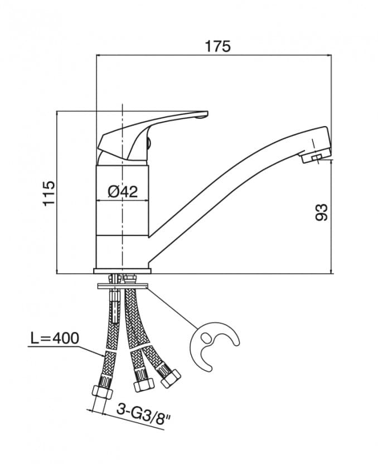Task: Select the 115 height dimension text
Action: pos(49,192)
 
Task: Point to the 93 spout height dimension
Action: pos(322,212)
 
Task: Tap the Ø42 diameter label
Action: pos(122,191)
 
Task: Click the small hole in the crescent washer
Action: pos(206,337)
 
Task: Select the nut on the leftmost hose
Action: pos(101,390)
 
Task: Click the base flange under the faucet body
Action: pos(122,271)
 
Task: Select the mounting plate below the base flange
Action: pos(122,287)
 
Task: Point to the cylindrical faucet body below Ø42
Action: pos(122,234)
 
